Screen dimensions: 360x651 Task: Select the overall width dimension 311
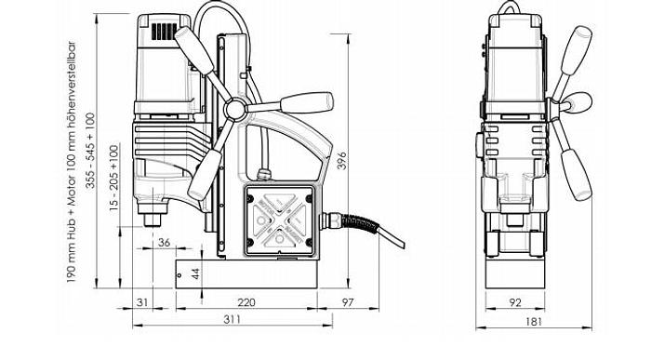tap(234, 320)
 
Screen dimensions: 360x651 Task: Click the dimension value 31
tap(142, 302)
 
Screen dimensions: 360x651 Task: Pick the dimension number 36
tap(165, 244)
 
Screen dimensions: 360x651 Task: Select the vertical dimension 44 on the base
tap(195, 273)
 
